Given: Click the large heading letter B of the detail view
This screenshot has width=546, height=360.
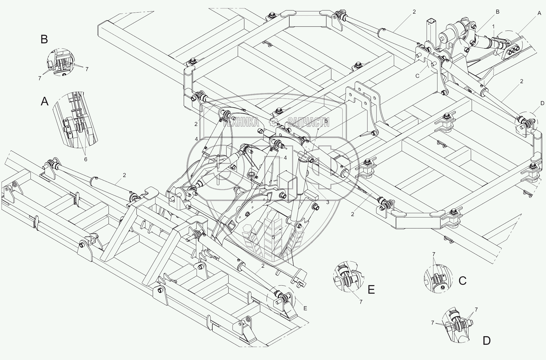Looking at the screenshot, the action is [x=44, y=39].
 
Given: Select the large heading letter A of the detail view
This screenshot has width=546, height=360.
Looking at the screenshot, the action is [x=45, y=102].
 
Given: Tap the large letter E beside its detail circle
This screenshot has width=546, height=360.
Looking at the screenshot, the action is [x=371, y=290].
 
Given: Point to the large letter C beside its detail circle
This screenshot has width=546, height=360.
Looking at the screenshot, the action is [x=463, y=281].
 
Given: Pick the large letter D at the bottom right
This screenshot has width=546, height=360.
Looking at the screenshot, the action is [x=487, y=341].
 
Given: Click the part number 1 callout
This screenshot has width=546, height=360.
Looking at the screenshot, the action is [x=493, y=26].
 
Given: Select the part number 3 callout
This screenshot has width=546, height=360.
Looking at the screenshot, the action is [x=328, y=202].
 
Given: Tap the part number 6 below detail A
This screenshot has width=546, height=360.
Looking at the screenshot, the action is [x=86, y=159].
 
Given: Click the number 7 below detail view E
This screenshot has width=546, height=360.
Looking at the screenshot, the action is [x=361, y=302].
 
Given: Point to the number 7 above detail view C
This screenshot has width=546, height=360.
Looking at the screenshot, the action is [x=434, y=254].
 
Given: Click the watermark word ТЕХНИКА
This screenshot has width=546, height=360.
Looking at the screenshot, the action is [x=241, y=122].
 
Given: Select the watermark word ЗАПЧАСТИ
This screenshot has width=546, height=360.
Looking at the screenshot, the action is [x=309, y=122].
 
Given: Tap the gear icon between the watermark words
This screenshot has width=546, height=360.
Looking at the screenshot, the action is [x=273, y=122].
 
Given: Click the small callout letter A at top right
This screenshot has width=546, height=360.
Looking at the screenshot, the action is [x=539, y=13].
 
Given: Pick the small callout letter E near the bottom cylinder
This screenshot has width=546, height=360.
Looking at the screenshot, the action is [x=305, y=308].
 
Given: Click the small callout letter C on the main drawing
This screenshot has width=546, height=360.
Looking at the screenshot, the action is [x=417, y=76].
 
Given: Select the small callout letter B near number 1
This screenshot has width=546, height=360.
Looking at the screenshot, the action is [x=498, y=12].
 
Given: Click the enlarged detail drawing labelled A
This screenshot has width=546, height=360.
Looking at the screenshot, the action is [x=75, y=120].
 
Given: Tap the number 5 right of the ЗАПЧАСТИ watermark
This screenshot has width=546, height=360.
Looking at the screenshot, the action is [x=326, y=121].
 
